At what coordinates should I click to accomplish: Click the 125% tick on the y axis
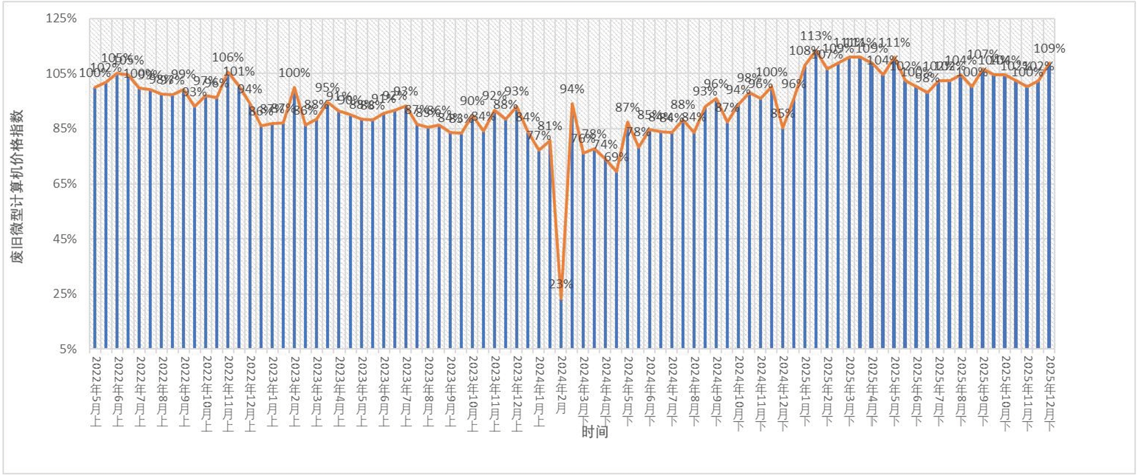click(x=62, y=18)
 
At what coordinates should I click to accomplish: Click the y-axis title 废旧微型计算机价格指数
click(x=18, y=186)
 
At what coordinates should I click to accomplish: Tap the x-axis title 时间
click(x=594, y=432)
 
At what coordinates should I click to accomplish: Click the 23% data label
click(x=560, y=284)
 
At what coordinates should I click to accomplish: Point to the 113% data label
click(x=816, y=36)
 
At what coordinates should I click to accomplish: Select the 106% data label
click(x=228, y=57)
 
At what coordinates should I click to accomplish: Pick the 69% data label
click(x=616, y=156)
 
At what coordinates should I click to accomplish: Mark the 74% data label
click(x=605, y=144)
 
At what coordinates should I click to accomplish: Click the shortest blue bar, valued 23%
click(x=561, y=324)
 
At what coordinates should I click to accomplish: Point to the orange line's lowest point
click(x=561, y=299)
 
